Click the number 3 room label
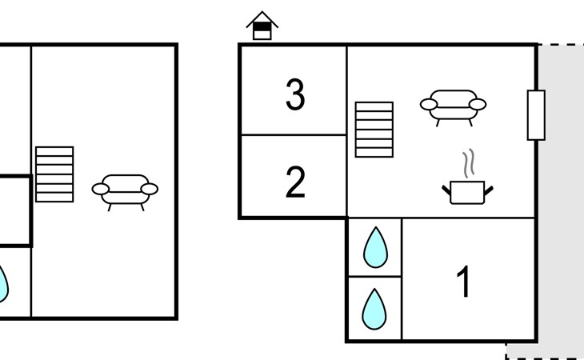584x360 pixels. coord(295,95)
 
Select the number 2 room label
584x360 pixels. coord(295,182)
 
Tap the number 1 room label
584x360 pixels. coord(464,282)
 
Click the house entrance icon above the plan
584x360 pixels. coord(262,26)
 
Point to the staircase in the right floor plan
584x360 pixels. coord(374,129)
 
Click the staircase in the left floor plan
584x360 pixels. coord(54,174)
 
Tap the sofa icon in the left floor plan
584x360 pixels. coord(125,191)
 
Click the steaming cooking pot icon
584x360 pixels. coord(467,191)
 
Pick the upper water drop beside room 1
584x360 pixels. coord(374,248)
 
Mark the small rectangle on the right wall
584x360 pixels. coord(536,115)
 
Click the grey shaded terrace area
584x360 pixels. coord(560,200)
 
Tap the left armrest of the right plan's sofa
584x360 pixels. coord(429,104)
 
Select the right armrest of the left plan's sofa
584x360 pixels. coord(149,190)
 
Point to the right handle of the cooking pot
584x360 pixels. coord(488,190)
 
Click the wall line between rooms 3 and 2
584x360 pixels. coord(294,135)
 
